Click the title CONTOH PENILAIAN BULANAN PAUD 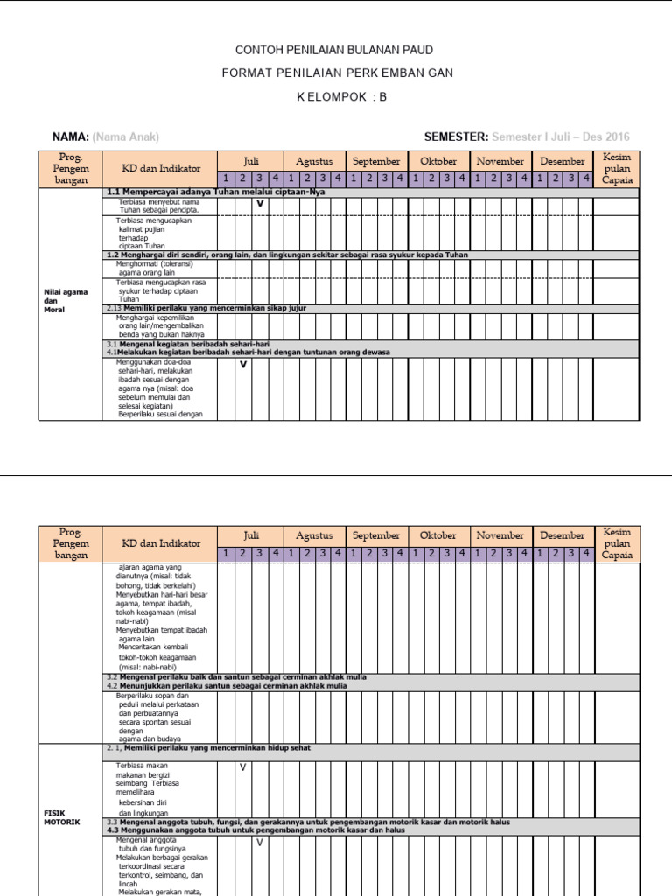coord(336,51)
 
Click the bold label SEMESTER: coord(455,136)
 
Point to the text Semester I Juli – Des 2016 coord(561,136)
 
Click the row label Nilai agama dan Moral coord(60,301)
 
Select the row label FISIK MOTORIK coord(61,817)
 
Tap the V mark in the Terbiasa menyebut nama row coord(260,205)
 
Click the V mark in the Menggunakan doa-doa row coord(243,364)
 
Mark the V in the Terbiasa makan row coord(243,767)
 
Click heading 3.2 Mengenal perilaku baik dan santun coord(236,677)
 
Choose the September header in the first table coord(376,161)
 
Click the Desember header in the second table coord(563,535)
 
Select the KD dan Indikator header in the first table coord(160,168)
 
